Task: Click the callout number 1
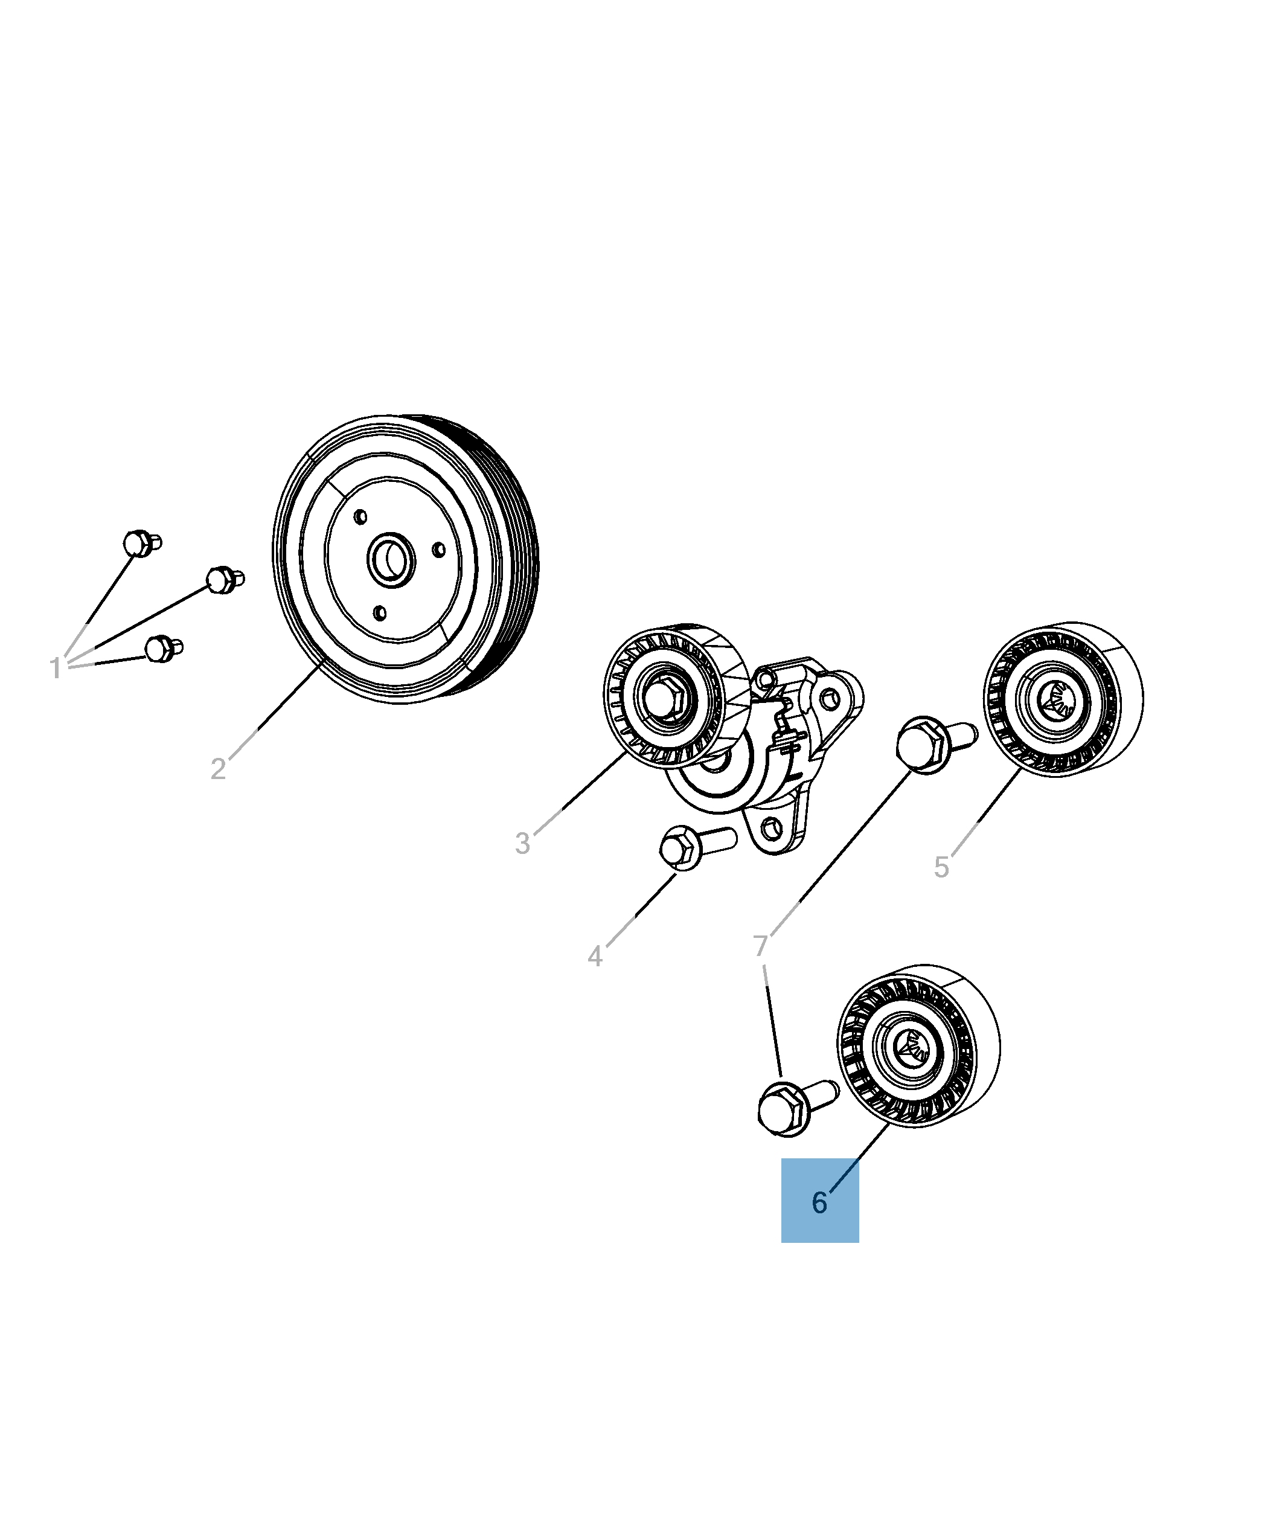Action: click(x=55, y=669)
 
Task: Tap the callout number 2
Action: click(x=217, y=769)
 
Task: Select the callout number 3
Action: click(x=522, y=844)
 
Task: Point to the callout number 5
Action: click(x=941, y=868)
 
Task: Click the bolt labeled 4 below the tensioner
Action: click(x=697, y=847)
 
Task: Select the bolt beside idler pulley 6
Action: click(x=798, y=1109)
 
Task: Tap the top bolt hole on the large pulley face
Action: click(x=360, y=517)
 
